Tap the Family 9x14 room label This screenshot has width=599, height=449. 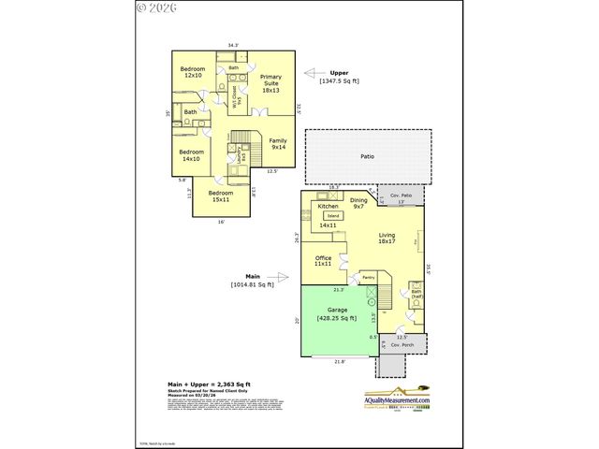279,144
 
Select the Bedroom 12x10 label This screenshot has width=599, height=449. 193,72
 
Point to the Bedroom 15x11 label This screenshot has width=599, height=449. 221,196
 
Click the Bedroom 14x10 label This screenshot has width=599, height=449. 191,155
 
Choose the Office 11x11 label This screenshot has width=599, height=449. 323,261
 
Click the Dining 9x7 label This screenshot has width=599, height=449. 358,203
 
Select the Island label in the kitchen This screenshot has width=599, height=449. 333,216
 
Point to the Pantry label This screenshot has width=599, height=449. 368,278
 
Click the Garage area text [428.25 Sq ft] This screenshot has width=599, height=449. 337,319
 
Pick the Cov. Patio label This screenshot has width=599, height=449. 402,196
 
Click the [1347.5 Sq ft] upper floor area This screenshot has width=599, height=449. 340,81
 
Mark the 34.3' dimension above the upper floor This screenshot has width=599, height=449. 233,45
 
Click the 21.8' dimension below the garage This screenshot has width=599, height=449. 339,361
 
